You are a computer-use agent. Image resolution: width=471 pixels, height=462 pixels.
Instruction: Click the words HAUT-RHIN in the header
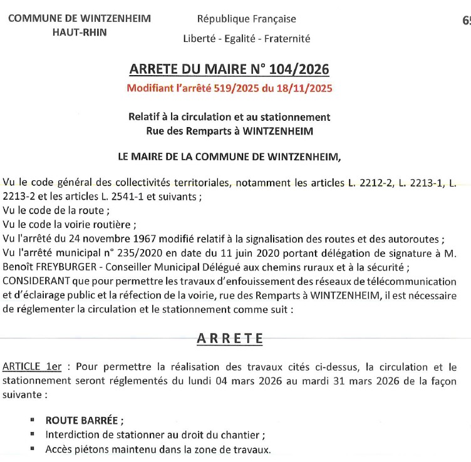point(80,33)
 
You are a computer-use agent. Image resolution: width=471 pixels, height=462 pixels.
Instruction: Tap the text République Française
point(247,19)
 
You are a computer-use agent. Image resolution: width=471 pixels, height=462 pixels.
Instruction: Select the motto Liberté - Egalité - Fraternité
point(247,38)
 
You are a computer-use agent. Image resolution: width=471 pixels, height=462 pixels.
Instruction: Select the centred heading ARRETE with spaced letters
point(230,339)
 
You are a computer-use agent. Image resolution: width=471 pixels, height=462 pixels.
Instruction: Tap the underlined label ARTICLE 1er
point(32,367)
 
